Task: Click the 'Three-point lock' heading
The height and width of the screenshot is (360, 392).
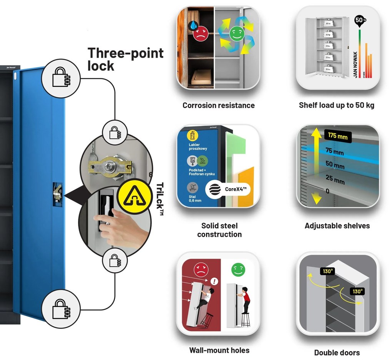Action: [125, 59]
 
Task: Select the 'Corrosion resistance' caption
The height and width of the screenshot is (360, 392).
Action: [218, 105]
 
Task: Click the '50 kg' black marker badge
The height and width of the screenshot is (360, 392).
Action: [359, 20]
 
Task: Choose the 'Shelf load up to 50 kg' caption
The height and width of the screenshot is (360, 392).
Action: [337, 105]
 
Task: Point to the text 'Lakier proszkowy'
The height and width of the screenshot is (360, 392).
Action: [197, 147]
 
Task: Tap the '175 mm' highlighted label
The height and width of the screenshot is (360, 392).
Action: [338, 136]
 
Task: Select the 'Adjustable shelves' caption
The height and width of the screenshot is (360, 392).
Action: [337, 226]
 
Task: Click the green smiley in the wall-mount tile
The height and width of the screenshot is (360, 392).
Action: [238, 270]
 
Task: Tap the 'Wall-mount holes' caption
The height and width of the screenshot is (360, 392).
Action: [219, 350]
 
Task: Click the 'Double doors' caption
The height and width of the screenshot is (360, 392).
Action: [337, 352]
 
